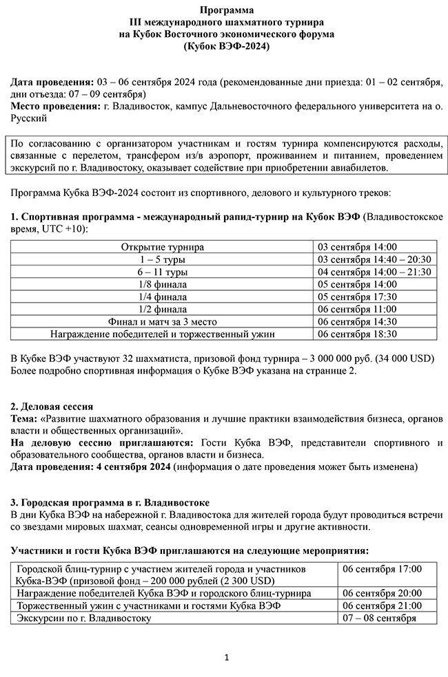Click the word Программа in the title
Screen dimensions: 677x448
click(226, 10)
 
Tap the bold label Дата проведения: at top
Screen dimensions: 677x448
click(52, 82)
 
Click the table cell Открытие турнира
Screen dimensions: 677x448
click(163, 247)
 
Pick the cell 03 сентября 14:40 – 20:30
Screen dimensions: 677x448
click(374, 259)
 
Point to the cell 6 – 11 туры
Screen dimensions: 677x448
click(163, 272)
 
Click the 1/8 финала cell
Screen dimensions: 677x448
click(163, 284)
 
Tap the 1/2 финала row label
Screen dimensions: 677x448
click(163, 309)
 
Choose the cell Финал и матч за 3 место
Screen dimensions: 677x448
click(163, 321)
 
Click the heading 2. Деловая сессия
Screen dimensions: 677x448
click(52, 406)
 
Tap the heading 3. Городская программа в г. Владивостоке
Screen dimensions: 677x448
click(110, 503)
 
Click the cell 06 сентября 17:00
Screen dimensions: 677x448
click(382, 569)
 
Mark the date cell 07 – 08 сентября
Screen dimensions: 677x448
click(379, 618)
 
